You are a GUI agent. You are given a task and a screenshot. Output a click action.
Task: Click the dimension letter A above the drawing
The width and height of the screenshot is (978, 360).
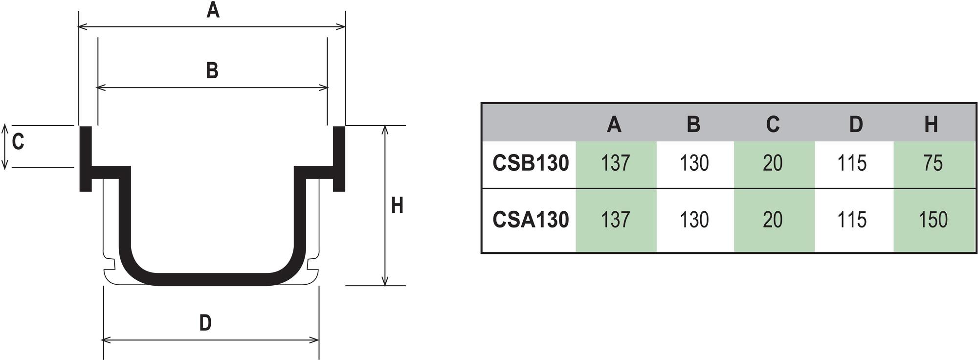213,9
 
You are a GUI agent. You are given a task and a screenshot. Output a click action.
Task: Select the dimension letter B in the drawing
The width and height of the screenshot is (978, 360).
212,70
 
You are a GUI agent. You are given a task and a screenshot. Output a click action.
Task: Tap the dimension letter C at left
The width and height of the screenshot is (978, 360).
18,142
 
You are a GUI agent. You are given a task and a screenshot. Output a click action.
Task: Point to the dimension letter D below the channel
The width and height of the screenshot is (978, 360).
205,323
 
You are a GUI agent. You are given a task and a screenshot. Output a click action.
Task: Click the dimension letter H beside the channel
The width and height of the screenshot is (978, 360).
397,205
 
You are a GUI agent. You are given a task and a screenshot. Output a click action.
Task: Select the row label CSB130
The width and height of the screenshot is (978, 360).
531,163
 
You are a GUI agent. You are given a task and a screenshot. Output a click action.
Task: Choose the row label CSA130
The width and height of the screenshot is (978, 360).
531,220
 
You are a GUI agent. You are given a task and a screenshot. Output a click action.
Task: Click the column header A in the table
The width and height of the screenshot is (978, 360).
614,124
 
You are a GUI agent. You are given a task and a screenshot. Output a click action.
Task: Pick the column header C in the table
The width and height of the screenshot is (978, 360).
773,124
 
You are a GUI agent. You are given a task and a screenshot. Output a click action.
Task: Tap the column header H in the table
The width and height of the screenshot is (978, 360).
931,124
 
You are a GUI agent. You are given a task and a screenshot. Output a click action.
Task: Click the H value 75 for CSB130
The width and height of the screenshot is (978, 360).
933,163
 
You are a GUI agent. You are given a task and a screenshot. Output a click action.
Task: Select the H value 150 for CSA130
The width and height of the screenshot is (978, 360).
933,220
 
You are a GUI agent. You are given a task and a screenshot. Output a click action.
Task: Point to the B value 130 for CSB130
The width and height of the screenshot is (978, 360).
694,163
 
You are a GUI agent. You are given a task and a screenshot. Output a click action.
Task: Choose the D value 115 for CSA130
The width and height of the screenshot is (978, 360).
852,220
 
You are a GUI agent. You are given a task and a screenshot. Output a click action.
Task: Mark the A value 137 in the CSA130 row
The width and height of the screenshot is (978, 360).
615,220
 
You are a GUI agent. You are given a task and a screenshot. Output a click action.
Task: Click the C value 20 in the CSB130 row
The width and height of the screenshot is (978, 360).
773,163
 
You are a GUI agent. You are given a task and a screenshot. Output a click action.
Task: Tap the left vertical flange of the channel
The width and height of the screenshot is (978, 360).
86,157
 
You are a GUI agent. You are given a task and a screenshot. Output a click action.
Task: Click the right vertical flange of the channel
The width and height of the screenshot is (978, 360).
339,157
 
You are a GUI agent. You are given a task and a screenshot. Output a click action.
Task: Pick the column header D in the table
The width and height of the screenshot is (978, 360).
856,124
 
